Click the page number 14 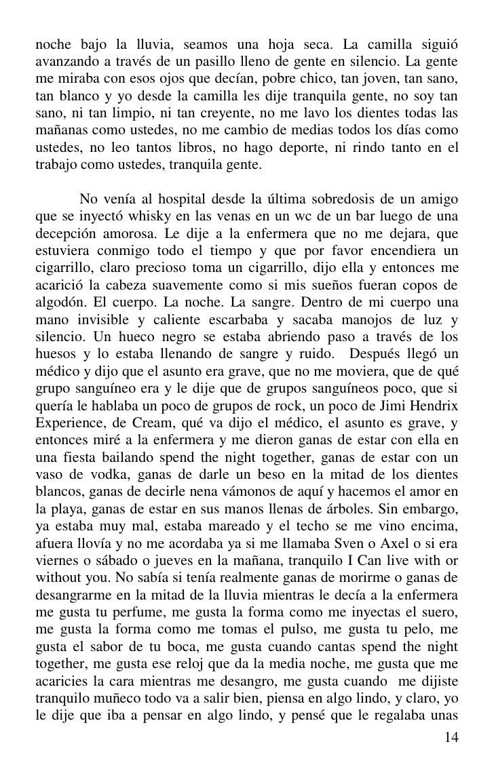pos(451,738)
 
